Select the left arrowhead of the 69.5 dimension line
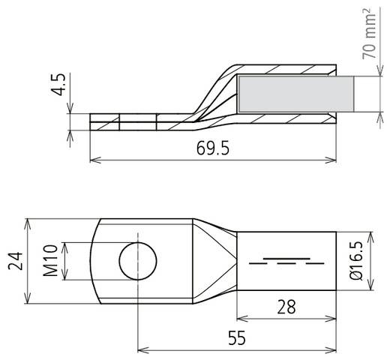[94, 160]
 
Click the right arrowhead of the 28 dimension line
[330, 318]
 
